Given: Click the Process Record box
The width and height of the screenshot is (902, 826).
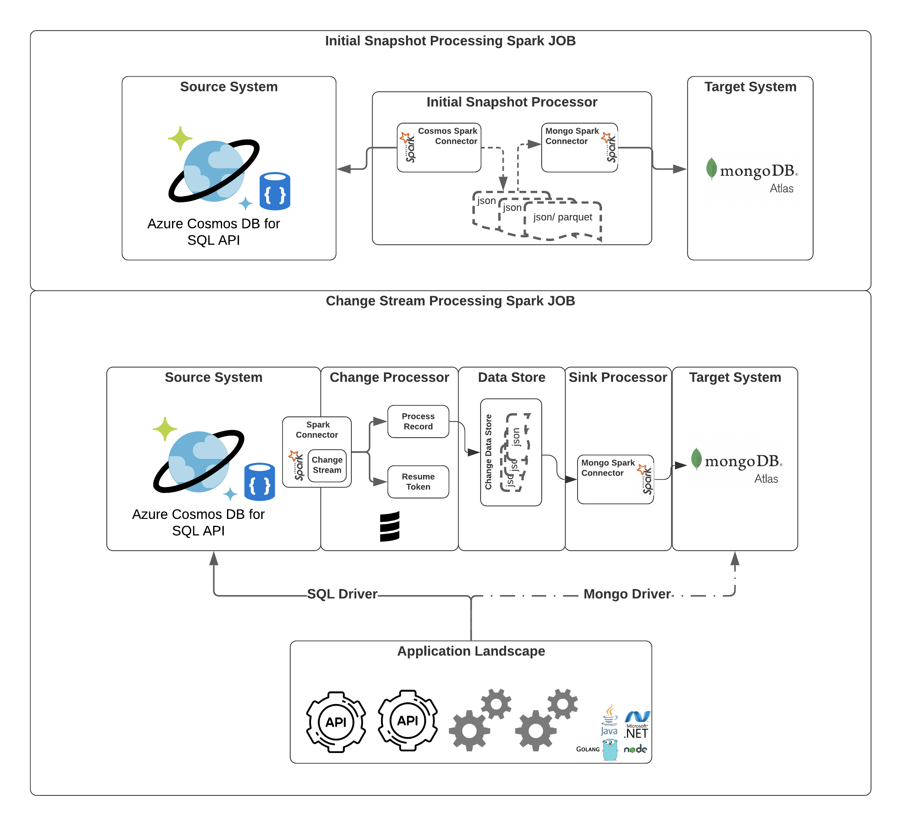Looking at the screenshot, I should [418, 421].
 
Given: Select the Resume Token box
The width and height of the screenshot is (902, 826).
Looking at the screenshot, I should [418, 482].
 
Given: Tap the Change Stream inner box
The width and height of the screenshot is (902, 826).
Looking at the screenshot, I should [327, 465].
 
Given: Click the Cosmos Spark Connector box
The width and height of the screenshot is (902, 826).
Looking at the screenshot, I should [439, 147].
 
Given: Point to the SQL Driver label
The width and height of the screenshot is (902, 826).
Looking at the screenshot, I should [342, 594].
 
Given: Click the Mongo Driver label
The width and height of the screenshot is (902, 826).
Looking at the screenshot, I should [627, 594].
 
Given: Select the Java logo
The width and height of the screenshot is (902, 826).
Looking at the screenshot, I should [609, 720].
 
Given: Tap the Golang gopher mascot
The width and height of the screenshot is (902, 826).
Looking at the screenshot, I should [610, 749].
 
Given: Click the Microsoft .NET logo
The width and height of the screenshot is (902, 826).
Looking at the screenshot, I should [637, 725].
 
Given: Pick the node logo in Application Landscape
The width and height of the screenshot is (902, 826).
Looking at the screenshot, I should [635, 749].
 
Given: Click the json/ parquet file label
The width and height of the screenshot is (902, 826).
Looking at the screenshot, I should [562, 217].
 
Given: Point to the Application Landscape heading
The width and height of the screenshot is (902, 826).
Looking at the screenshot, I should [471, 651].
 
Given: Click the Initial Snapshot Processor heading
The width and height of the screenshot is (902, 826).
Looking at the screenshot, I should [512, 102].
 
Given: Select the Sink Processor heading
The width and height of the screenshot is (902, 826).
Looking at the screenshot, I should [618, 377].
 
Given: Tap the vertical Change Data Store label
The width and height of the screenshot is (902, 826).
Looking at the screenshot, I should [488, 452].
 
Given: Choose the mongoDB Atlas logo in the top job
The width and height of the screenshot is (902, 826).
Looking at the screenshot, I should [752, 174].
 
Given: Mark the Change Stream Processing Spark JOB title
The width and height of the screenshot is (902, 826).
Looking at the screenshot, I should [450, 301].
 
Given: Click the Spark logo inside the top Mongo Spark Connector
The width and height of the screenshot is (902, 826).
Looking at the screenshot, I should [610, 147].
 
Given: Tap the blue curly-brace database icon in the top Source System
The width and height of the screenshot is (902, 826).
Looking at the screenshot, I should [275, 191].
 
